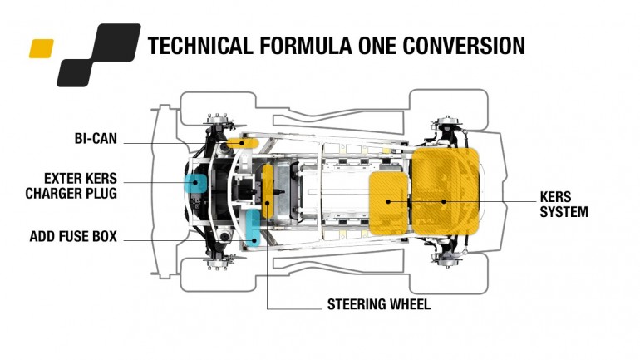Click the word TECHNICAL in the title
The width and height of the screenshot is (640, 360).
200,45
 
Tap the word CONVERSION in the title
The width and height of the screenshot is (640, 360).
464,45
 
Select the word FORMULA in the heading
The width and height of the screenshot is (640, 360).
305,45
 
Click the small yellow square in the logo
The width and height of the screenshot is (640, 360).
42,48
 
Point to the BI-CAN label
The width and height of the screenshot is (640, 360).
96,138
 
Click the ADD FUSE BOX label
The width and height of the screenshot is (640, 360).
73,236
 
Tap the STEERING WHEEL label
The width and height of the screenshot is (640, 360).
379,304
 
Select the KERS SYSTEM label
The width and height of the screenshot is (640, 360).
564,205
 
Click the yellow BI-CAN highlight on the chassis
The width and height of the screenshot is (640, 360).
242,143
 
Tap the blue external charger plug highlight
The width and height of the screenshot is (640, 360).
195,183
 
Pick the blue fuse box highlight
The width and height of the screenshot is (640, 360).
253,228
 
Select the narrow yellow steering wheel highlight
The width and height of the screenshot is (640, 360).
268,191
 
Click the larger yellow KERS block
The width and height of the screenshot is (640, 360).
445,191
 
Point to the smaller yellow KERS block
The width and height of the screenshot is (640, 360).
389,203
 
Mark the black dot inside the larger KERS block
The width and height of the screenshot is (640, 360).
444,201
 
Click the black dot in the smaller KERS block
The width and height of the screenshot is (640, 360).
389,201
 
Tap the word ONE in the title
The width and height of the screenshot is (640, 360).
377,45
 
